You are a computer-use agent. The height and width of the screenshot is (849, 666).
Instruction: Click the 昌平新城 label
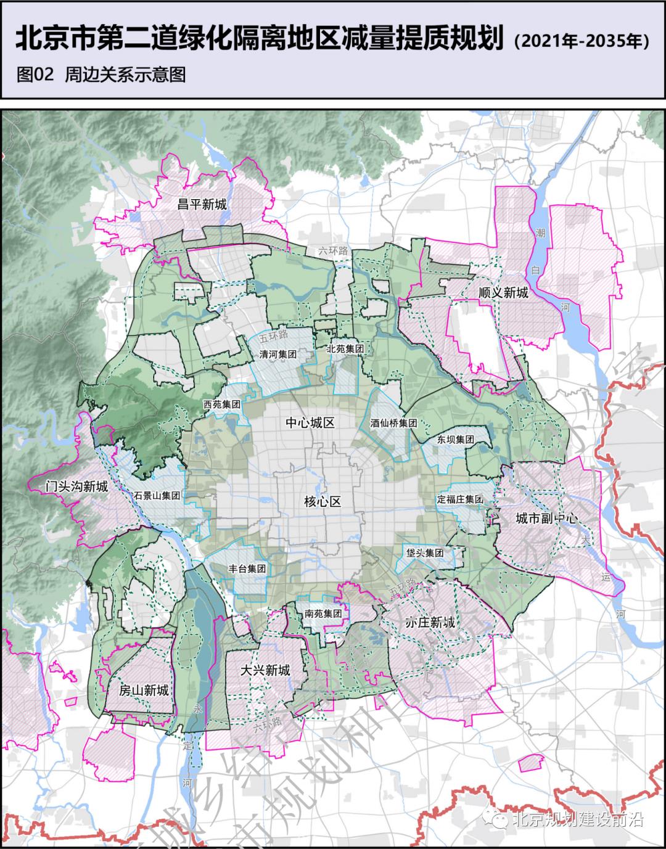point(202,204)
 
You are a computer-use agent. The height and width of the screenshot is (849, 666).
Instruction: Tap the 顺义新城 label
point(503,292)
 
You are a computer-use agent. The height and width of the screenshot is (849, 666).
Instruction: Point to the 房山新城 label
point(144,690)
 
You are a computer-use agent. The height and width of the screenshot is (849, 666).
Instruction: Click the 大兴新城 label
point(265,670)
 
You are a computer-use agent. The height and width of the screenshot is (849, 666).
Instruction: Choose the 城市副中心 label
point(546,519)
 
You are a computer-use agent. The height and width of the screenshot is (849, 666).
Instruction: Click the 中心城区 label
point(310,423)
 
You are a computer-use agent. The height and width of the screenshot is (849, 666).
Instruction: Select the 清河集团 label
point(278,355)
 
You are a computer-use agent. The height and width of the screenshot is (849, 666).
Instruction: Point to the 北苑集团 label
point(346,349)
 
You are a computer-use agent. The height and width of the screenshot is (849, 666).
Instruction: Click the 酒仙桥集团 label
point(394,424)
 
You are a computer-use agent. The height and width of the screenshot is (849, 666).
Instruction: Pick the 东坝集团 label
point(456,440)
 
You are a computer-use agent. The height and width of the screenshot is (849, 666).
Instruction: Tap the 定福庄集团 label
point(459,499)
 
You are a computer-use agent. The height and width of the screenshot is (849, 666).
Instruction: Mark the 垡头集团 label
point(425,553)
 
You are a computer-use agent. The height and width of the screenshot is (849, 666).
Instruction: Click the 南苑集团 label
point(323,613)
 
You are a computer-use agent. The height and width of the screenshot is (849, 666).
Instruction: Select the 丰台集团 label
point(247,569)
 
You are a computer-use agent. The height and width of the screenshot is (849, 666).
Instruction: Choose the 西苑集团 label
point(221,405)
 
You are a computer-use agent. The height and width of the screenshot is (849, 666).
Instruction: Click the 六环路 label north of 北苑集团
point(334,251)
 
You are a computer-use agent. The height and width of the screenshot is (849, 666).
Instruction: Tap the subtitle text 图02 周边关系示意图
point(101,75)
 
